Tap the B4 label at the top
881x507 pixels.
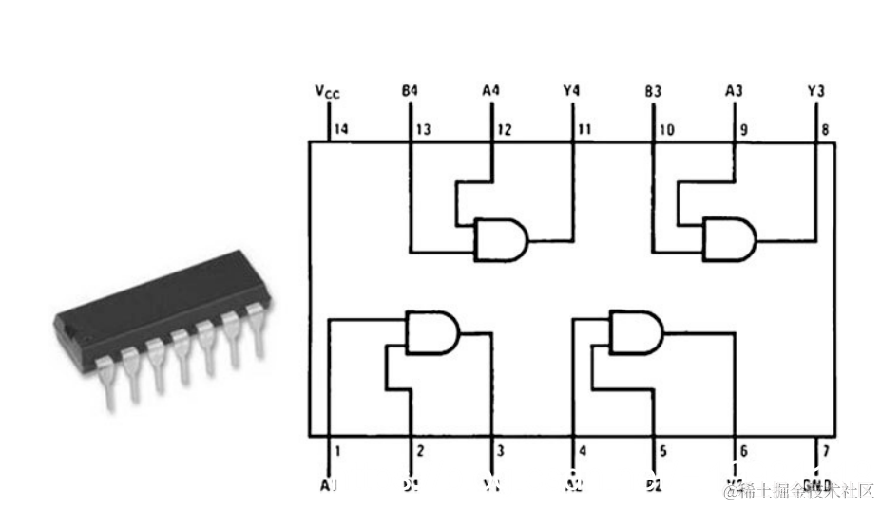410,91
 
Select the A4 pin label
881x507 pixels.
490,91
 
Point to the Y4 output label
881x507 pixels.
571,91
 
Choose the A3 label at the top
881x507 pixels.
734,91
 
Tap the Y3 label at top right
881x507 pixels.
815,91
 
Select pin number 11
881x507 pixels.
584,130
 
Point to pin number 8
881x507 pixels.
824,130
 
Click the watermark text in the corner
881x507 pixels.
800,491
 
